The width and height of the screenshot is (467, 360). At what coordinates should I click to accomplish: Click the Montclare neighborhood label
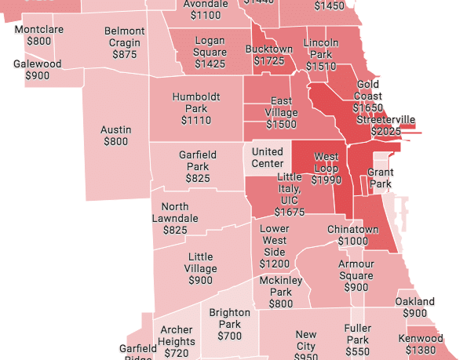tap(38, 29)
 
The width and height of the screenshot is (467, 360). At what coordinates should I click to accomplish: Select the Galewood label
tap(37, 64)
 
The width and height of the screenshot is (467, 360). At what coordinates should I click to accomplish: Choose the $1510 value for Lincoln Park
tap(320, 67)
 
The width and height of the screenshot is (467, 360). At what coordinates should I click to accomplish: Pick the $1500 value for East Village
tap(281, 125)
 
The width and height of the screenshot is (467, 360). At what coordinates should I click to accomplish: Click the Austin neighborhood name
tap(115, 130)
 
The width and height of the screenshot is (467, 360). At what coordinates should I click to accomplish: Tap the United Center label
tap(268, 158)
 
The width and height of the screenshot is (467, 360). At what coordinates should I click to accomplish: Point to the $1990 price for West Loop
tap(326, 180)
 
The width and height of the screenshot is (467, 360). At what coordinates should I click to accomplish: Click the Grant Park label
tap(381, 178)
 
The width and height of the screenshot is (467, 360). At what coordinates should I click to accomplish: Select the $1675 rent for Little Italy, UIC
tap(290, 213)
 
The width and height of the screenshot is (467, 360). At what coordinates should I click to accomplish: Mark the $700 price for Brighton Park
tap(229, 336)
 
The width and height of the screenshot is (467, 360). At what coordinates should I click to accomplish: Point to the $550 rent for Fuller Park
tap(356, 353)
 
